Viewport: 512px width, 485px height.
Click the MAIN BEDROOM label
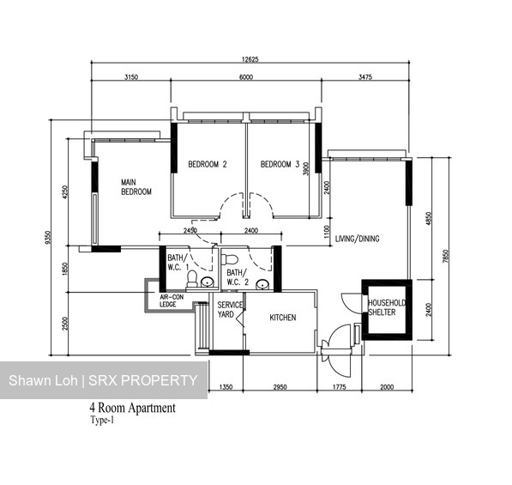pyautogui.click(x=136, y=187)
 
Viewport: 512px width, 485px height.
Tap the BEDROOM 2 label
pyautogui.click(x=207, y=165)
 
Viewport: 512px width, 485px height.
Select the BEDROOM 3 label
pyautogui.click(x=280, y=165)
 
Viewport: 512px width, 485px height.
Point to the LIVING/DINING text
pyautogui.click(x=357, y=239)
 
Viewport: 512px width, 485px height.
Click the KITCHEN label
pyautogui.click(x=283, y=318)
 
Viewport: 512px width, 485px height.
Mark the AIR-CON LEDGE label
pyautogui.click(x=174, y=301)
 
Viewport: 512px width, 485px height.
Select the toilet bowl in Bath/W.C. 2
pyautogui.click(x=229, y=259)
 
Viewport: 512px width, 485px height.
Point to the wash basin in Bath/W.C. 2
pyautogui.click(x=260, y=282)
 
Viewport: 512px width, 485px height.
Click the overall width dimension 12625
pyautogui.click(x=249, y=59)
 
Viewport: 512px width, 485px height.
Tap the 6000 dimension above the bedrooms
pyautogui.click(x=246, y=77)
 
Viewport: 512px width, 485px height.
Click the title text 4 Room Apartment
pyautogui.click(x=132, y=409)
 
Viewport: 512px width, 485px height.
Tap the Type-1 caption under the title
pyautogui.click(x=103, y=421)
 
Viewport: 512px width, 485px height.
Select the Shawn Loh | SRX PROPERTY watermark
pyautogui.click(x=103, y=380)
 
